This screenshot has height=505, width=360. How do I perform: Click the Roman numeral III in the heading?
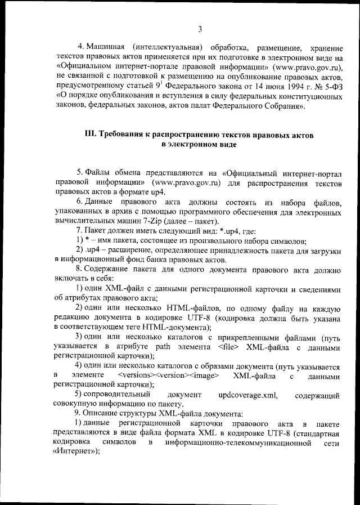[x=90, y=135]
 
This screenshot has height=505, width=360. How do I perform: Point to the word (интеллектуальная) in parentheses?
[x=168, y=46]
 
